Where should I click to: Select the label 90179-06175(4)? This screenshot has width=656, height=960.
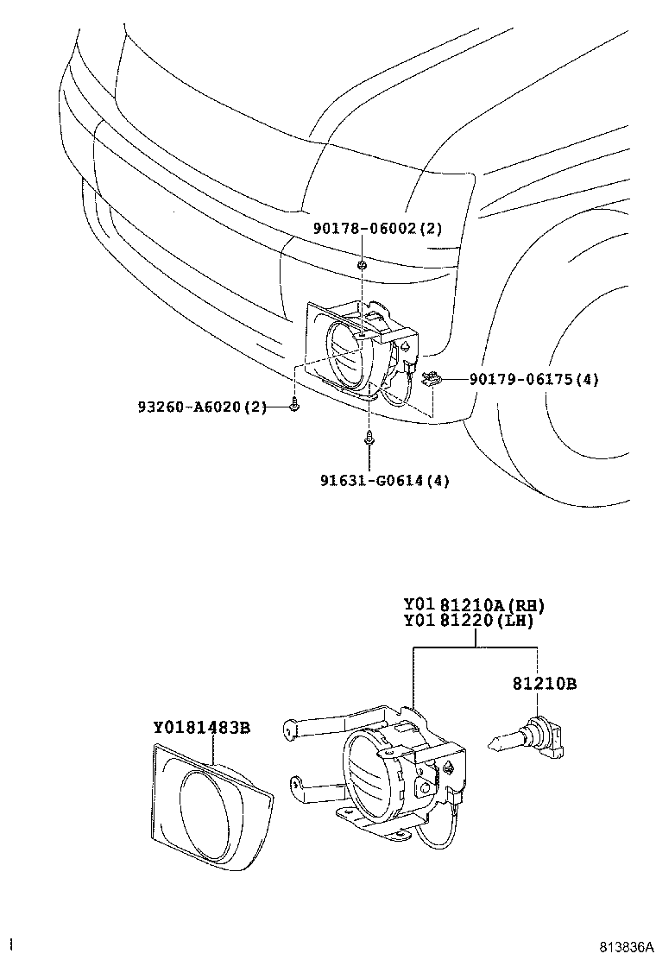[534, 379]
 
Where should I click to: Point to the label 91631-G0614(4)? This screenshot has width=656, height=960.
[382, 480]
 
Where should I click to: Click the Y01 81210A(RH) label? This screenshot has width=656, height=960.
[474, 605]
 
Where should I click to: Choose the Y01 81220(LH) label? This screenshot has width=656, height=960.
[468, 621]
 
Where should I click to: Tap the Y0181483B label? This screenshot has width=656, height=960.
[202, 728]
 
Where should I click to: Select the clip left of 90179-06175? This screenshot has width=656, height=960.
[431, 377]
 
